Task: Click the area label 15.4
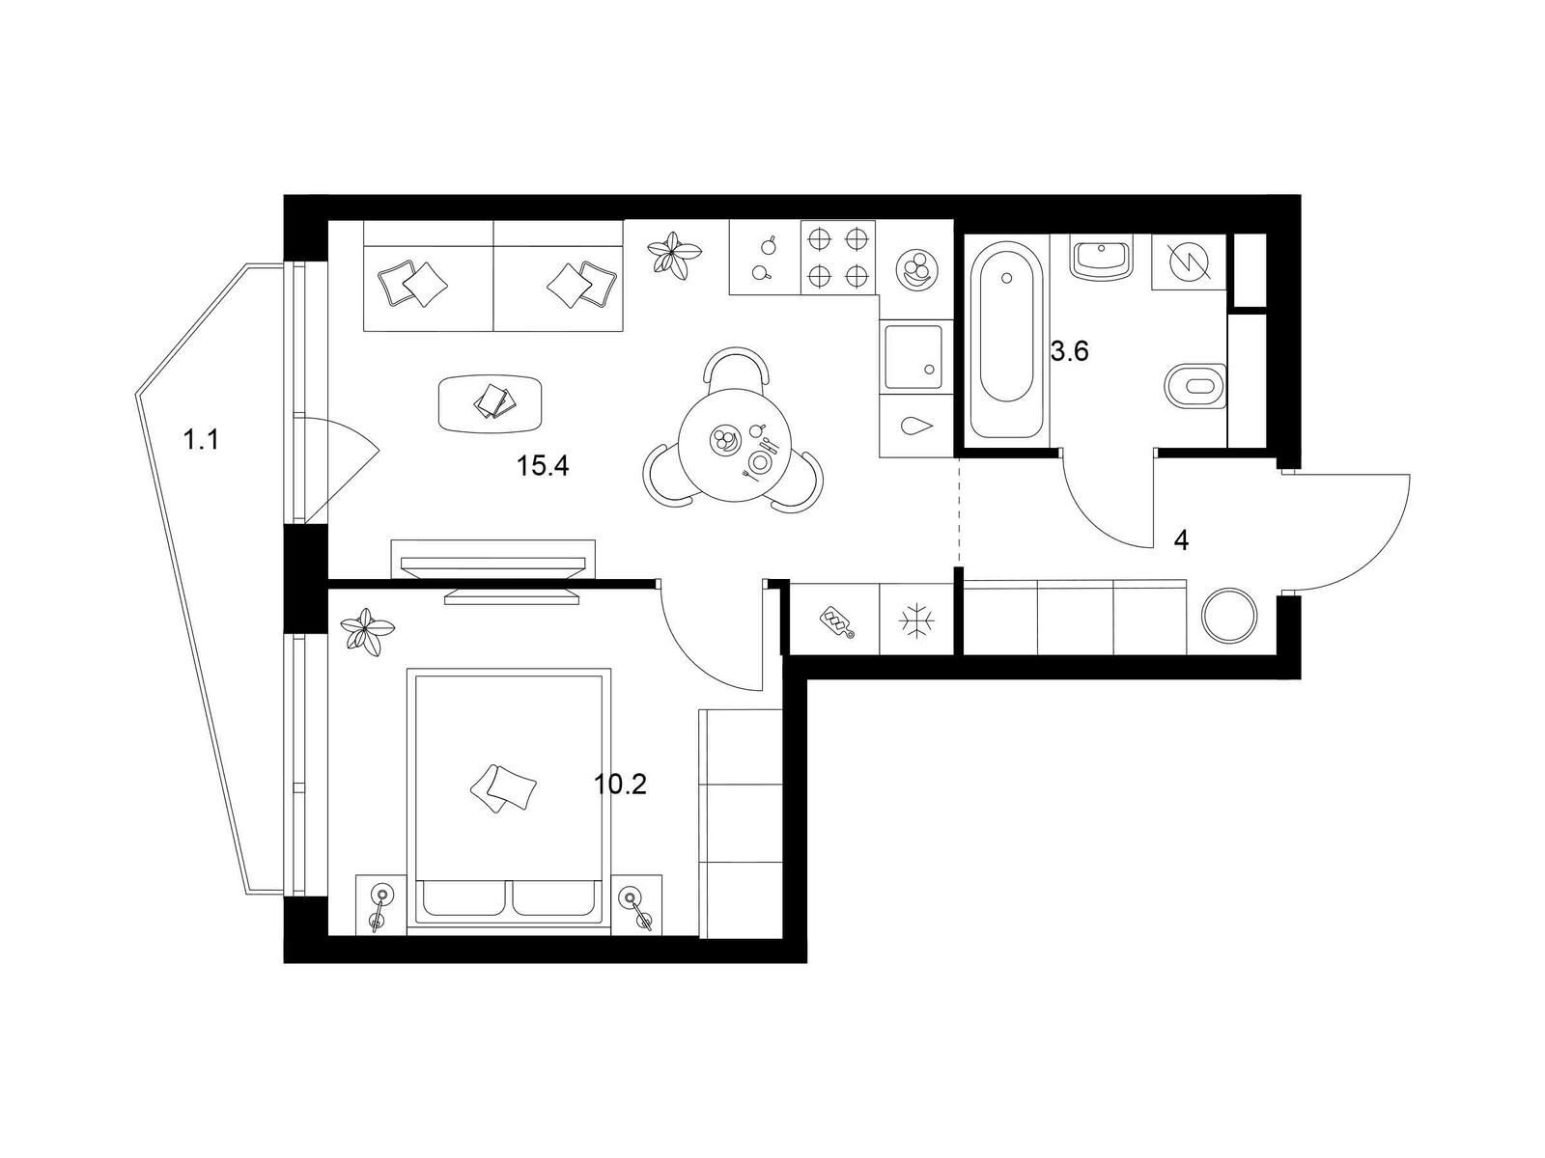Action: (542, 465)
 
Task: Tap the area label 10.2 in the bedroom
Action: (619, 784)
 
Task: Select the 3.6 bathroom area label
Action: (1069, 350)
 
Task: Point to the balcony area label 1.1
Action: (201, 440)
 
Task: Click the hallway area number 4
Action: (1181, 540)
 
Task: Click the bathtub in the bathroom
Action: (1006, 341)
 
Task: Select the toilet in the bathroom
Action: (1195, 385)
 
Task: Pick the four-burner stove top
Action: (836, 258)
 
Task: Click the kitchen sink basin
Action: (913, 356)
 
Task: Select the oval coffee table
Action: (491, 403)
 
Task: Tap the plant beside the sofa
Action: (674, 256)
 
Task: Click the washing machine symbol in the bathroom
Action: (1189, 262)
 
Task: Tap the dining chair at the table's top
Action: (735, 366)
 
